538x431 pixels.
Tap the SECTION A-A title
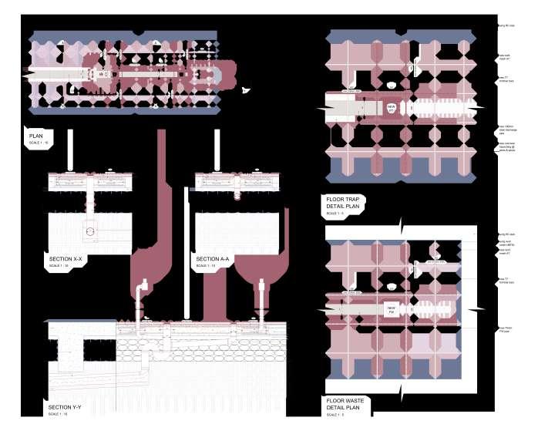[x=213, y=259]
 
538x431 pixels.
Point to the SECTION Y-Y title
[x=68, y=407]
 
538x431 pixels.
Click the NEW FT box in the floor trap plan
[x=392, y=109]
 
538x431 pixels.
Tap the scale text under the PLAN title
[x=38, y=143]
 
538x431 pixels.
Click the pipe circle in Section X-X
[x=89, y=231]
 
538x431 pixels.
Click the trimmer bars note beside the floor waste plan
[x=506, y=281]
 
